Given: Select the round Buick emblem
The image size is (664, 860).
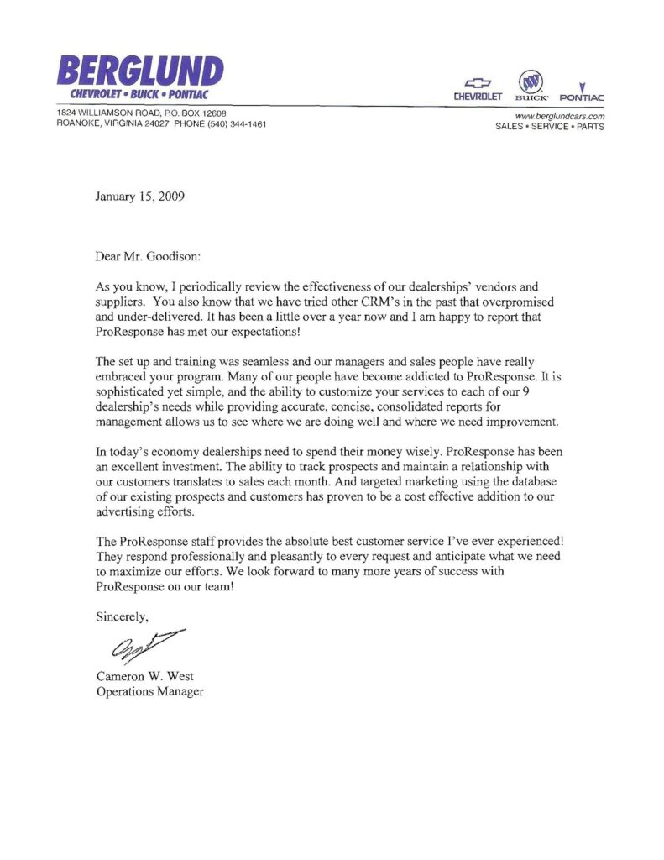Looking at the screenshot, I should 530,81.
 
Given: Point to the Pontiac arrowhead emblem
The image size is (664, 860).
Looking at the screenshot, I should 581,83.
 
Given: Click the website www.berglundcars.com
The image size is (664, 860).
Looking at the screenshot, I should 558,116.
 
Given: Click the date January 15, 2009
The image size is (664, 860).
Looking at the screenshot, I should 139,198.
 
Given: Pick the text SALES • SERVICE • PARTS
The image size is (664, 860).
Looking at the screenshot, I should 551,127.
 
